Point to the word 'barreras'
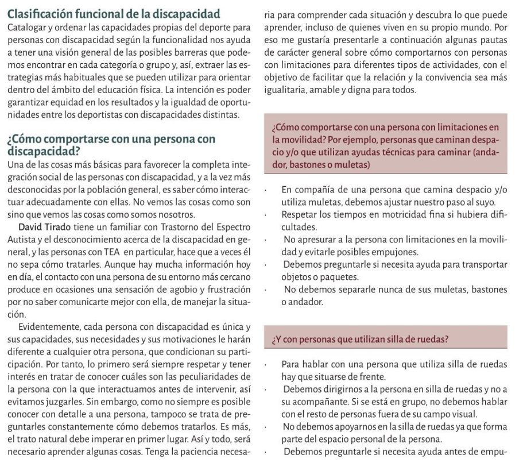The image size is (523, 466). point(172,52)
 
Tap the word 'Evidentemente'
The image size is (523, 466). point(48,327)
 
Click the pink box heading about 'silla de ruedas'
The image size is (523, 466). point(361,339)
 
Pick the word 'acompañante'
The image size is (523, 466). point(314,402)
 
